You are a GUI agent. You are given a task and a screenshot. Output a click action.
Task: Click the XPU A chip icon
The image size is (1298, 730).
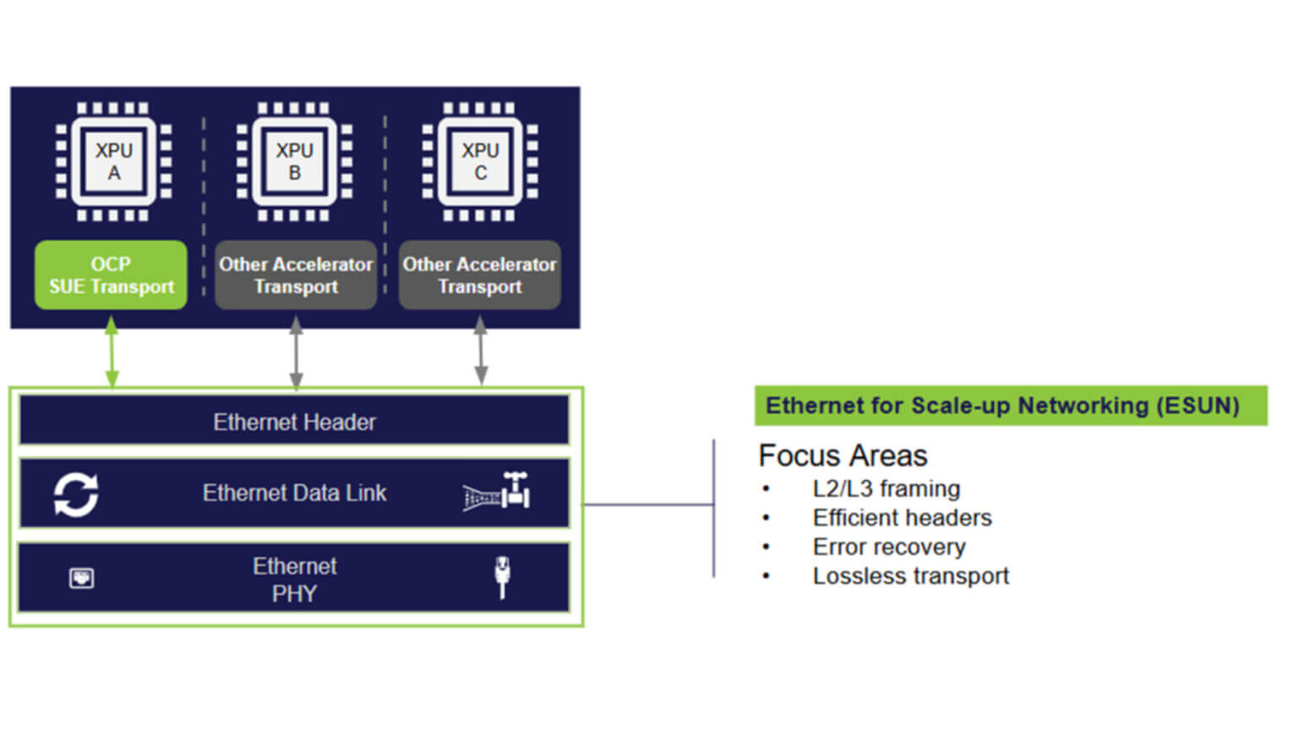(113, 161)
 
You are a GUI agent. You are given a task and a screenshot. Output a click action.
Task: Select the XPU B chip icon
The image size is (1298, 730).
(294, 161)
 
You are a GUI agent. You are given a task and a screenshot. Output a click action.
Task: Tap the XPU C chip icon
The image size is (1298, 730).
(480, 161)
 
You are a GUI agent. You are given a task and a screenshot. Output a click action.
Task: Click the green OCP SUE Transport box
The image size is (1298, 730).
(111, 275)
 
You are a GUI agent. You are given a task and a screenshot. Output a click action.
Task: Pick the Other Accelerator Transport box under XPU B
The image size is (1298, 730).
(296, 275)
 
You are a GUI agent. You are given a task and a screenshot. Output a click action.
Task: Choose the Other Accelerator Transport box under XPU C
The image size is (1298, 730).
(479, 275)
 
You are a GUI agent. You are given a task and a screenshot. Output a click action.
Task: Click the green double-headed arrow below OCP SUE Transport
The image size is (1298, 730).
(112, 351)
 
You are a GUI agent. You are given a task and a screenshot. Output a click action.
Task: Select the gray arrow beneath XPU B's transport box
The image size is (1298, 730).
(296, 351)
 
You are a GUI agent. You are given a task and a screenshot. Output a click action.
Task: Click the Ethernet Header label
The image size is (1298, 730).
(294, 422)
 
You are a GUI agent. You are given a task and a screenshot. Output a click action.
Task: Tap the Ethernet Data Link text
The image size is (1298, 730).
(294, 493)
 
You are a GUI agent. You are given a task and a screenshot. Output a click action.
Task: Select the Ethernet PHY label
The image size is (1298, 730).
(294, 580)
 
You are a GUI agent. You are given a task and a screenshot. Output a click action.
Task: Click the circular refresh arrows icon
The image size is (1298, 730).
(76, 493)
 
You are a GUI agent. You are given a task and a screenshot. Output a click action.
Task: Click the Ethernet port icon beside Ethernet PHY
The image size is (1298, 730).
(81, 578)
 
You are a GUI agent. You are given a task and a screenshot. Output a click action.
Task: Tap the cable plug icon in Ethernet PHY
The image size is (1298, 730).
(502, 576)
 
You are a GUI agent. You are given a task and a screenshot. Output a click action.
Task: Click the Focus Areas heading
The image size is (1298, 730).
(843, 455)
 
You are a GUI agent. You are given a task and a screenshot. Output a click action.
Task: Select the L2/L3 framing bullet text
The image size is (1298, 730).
(886, 488)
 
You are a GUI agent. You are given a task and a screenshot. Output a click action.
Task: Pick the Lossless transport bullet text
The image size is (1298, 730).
(910, 575)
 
